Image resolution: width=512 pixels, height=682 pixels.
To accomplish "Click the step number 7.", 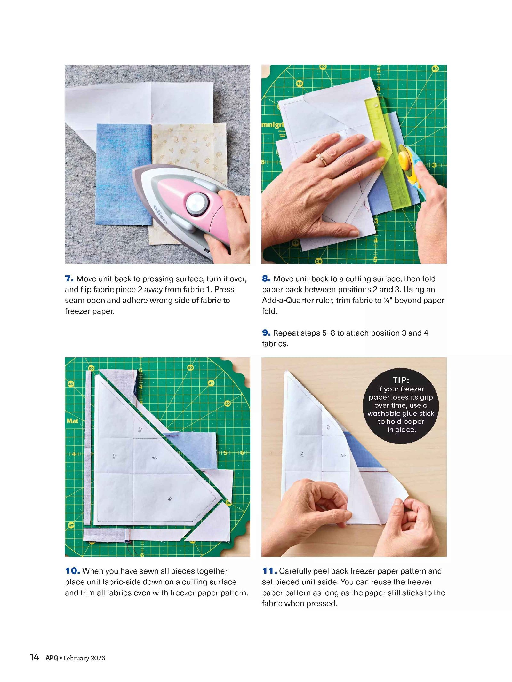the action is (69, 278).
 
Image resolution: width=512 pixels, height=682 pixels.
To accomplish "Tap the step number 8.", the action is (266, 278).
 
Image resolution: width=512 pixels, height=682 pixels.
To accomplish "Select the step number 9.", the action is (266, 333).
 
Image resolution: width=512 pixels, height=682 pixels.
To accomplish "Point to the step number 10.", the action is (72, 571).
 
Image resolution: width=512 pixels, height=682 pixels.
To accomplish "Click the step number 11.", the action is (269, 571).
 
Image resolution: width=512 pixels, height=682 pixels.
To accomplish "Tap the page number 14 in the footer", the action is (34, 657).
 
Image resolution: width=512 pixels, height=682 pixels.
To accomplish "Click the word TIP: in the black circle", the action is (401, 380).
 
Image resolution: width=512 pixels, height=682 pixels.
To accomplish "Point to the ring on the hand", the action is (322, 159).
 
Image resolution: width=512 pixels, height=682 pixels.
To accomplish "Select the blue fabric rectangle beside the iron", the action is (124, 174).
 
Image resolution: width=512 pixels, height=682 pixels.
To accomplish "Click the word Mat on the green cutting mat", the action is (72, 421).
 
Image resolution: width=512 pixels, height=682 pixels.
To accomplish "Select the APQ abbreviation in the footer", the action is (52, 658).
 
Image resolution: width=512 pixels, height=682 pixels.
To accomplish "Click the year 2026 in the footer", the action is (98, 658).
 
